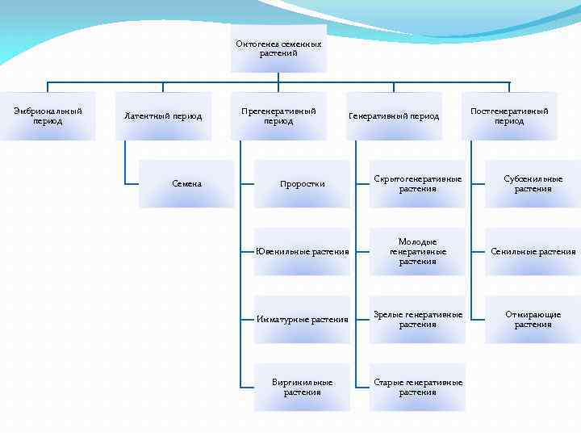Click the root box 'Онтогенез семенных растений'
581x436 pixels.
pyautogui.click(x=278, y=48)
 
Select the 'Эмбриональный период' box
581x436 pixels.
pyautogui.click(x=48, y=116)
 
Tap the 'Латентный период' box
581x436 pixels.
pyautogui.click(x=163, y=116)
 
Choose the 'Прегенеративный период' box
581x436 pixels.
pyautogui.click(x=278, y=116)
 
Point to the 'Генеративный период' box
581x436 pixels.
pyautogui.click(x=394, y=116)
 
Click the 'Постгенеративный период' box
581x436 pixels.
pyautogui.click(x=509, y=116)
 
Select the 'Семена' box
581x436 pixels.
pyautogui.click(x=187, y=184)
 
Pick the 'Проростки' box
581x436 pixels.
pyautogui.click(x=303, y=184)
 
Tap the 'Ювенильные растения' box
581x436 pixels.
pyautogui.click(x=303, y=252)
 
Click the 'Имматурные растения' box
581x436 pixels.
pyautogui.click(x=303, y=320)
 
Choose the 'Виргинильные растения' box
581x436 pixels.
pyautogui.click(x=303, y=388)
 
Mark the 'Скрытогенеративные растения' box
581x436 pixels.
pyautogui.click(x=418, y=184)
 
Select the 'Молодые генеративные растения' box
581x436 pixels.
pyautogui.click(x=418, y=252)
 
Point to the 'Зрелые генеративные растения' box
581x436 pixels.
pyautogui.click(x=418, y=320)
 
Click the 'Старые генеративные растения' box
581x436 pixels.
pyautogui.click(x=418, y=388)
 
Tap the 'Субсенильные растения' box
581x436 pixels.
pyautogui.click(x=533, y=184)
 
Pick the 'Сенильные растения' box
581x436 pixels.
pyautogui.click(x=533, y=252)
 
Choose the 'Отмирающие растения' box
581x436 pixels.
pyautogui.click(x=533, y=320)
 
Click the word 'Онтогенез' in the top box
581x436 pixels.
pyautogui.click(x=255, y=44)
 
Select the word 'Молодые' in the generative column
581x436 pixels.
pyautogui.click(x=418, y=242)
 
